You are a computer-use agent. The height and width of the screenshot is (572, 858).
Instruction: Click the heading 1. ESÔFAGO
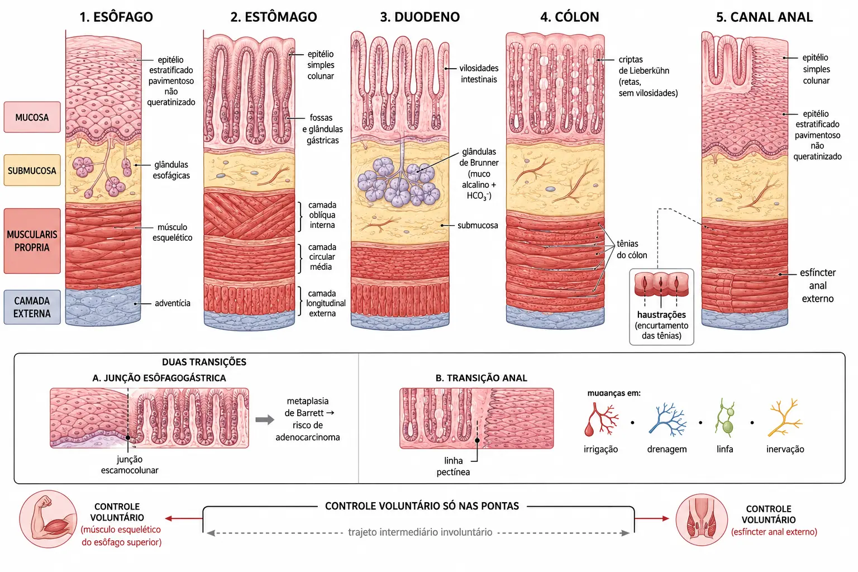pos(116,17)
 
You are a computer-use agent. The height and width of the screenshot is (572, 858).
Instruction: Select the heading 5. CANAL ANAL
pos(764,17)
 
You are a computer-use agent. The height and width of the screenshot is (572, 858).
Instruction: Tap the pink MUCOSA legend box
pos(32,117)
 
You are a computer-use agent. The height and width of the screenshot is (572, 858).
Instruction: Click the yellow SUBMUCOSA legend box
pos(32,170)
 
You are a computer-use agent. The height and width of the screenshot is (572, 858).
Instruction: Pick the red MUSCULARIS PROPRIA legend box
pos(32,241)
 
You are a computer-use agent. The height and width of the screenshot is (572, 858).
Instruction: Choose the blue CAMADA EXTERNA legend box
pos(32,307)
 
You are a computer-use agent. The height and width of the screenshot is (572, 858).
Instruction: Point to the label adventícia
pos(173,303)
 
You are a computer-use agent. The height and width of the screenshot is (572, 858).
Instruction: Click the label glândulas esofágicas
pos(171,170)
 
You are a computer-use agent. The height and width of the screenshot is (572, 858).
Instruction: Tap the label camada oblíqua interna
pos(322,215)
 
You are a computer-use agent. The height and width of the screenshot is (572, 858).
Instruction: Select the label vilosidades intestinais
pos(479,74)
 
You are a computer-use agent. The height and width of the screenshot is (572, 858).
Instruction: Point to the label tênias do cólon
pos(632,249)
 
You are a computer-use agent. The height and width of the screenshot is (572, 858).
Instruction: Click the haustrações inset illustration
pos(661,285)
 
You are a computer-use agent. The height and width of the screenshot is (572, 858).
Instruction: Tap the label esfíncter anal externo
pos(818,285)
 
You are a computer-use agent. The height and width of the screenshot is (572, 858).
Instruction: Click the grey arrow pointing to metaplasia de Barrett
pos(265,420)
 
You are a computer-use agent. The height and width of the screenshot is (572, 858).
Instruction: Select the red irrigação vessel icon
pos(600,420)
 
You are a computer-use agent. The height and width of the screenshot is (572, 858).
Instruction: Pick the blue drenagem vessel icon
pos(667,420)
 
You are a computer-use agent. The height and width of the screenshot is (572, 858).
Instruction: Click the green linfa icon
pos(724,418)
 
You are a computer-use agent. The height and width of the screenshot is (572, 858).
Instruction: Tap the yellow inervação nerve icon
pos(785,418)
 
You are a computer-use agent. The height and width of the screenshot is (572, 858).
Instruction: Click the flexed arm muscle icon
pos(48,519)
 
